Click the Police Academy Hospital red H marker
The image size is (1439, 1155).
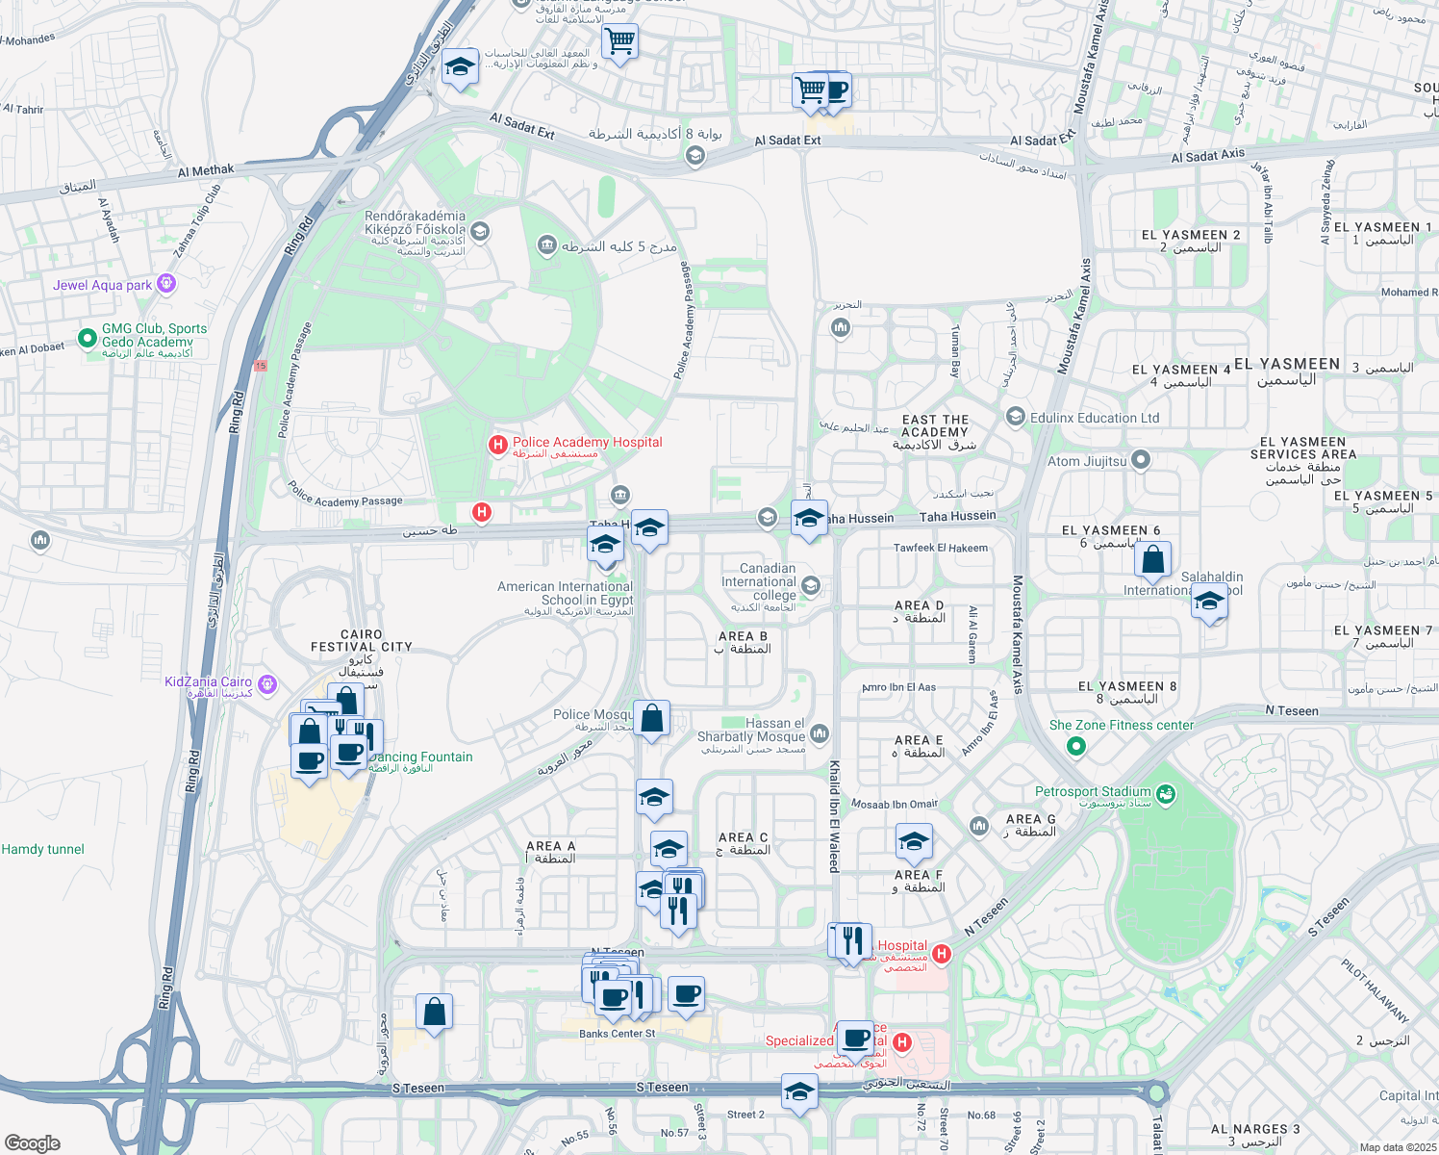coord(498,444)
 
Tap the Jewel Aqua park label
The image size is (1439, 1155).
coord(103,285)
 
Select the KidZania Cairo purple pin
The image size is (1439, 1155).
coord(267,684)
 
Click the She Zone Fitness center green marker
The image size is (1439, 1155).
coord(1076,745)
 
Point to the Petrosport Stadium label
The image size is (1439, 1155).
coord(1093,792)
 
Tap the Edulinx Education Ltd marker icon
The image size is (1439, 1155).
coord(1016,417)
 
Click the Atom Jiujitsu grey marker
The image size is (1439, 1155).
coord(1141,460)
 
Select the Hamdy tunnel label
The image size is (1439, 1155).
coord(43,849)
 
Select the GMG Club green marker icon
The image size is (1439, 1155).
coord(88,337)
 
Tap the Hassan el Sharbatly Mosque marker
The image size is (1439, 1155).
coord(820,734)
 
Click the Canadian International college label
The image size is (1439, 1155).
coord(760,581)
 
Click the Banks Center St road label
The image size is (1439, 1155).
coord(617,1034)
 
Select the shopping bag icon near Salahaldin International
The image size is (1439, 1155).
coord(1152,559)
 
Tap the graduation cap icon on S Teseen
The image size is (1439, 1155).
coord(799,1091)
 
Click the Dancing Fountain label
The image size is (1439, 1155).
coord(421,757)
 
